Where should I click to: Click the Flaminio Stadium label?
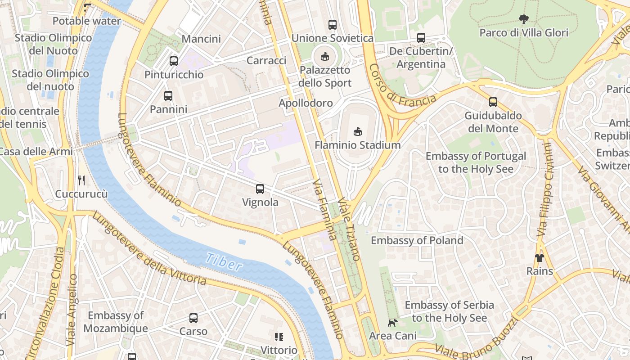click(x=357, y=145)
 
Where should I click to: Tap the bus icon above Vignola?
click(x=260, y=189)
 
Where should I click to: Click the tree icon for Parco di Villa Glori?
click(x=523, y=19)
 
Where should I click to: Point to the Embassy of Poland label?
click(x=417, y=240)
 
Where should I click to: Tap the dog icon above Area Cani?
click(x=392, y=323)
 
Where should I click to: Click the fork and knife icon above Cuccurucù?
click(x=81, y=180)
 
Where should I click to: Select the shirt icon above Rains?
click(x=539, y=258)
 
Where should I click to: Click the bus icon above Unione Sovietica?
click(x=333, y=25)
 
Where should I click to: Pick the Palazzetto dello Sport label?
click(x=325, y=76)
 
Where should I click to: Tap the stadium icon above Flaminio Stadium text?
click(x=357, y=131)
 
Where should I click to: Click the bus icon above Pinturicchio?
click(x=174, y=61)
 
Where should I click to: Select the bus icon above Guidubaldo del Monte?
click(x=493, y=102)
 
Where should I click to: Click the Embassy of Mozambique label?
click(x=116, y=322)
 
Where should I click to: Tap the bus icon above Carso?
click(x=193, y=318)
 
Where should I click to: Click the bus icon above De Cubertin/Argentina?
click(x=421, y=38)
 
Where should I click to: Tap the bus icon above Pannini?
click(x=168, y=96)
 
